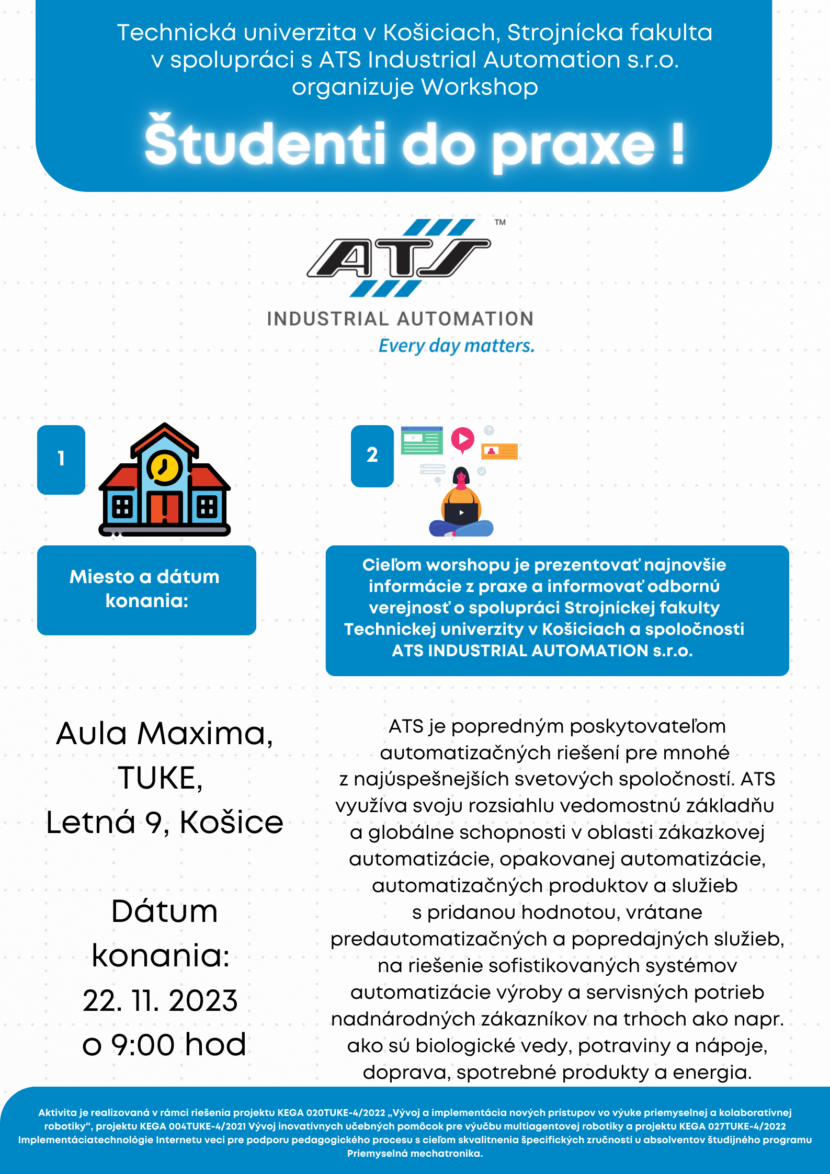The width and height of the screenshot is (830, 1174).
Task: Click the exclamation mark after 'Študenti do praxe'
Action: click(677, 144)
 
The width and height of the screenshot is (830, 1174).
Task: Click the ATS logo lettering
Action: click(399, 258)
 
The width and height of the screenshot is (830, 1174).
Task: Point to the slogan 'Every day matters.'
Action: click(456, 346)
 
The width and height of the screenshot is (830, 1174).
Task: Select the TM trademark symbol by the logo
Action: click(500, 222)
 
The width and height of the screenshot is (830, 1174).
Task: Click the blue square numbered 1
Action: click(61, 460)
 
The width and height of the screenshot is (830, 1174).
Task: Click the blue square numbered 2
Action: click(372, 455)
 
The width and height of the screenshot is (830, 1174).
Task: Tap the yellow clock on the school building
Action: click(165, 466)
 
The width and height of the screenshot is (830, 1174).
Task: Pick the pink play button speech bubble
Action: click(463, 439)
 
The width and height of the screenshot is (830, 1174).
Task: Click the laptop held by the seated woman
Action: click(461, 513)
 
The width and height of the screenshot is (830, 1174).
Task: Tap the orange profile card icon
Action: click(499, 451)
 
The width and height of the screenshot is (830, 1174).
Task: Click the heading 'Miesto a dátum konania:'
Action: click(146, 589)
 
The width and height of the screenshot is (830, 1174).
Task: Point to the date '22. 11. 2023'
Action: click(160, 1001)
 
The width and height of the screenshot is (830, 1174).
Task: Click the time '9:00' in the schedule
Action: click(142, 1045)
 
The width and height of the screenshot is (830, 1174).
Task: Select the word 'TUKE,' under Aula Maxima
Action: click(160, 778)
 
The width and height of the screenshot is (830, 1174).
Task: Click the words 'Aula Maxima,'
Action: click(164, 733)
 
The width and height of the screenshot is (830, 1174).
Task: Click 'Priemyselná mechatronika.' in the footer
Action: click(415, 1153)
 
